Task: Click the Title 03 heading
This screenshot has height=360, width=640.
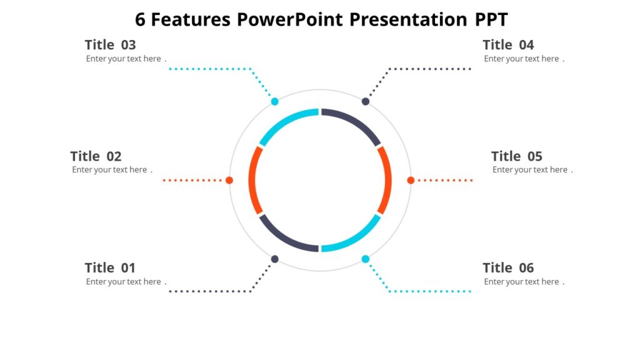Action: [x=110, y=45]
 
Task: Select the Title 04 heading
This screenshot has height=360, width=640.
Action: [x=508, y=45]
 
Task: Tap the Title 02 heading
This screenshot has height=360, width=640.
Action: [x=96, y=156]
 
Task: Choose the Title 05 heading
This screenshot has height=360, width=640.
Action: [x=516, y=156]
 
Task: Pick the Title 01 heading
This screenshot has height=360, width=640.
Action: [x=110, y=268]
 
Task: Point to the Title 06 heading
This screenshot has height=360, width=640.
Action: [x=508, y=268]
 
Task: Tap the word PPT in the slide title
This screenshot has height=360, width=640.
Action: [x=491, y=20]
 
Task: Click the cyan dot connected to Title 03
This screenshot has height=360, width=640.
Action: [x=274, y=101]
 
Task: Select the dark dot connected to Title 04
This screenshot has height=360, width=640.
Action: [x=366, y=101]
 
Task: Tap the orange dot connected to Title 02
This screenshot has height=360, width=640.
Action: [x=229, y=180]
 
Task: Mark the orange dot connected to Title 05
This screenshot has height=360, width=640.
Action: [x=411, y=180]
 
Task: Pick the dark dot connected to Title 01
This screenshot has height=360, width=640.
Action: [x=274, y=259]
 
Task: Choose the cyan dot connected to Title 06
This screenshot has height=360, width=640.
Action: [x=366, y=259]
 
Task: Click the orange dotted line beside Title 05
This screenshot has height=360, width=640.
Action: [x=445, y=180]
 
